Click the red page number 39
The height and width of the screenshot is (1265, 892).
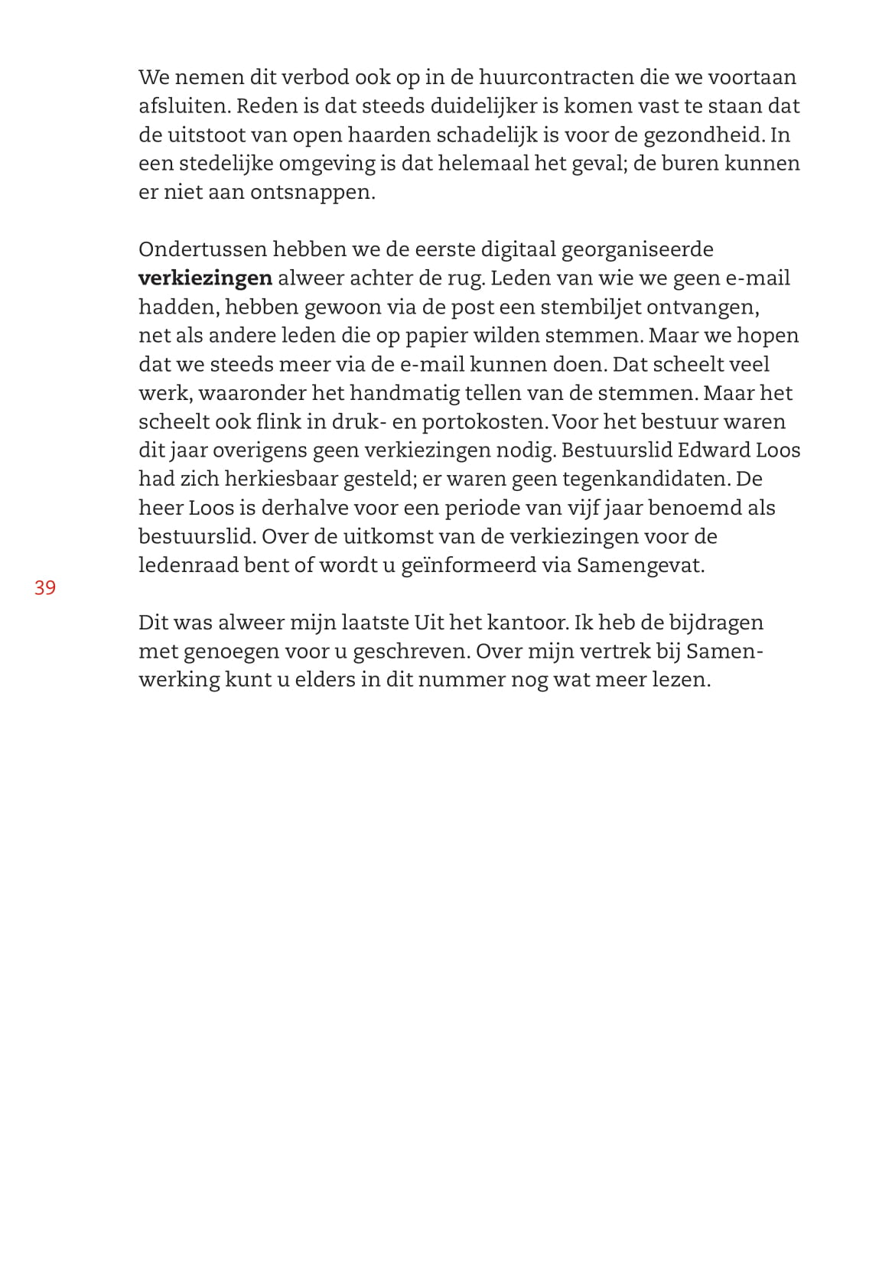[45, 588]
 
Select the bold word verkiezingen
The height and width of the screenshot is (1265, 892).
[205, 278]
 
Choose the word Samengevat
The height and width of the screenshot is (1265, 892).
[640, 565]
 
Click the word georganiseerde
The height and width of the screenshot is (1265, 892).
[637, 249]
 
